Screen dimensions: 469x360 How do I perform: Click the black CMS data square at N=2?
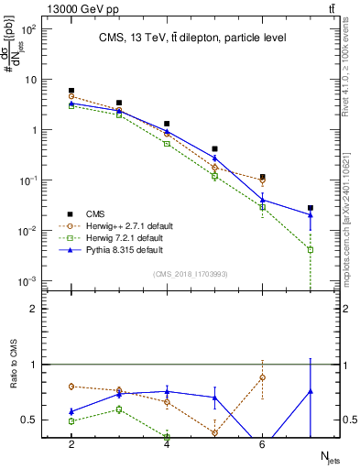coord(71,91)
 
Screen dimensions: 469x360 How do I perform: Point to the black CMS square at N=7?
coord(311,208)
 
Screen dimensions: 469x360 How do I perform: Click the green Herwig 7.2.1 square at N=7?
coord(311,249)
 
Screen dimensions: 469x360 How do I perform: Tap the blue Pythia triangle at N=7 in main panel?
coord(311,215)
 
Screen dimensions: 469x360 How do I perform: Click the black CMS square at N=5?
coord(215,148)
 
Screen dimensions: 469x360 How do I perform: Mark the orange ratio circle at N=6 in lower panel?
coord(263,377)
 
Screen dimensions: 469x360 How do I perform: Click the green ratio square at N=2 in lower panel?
coord(71,421)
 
